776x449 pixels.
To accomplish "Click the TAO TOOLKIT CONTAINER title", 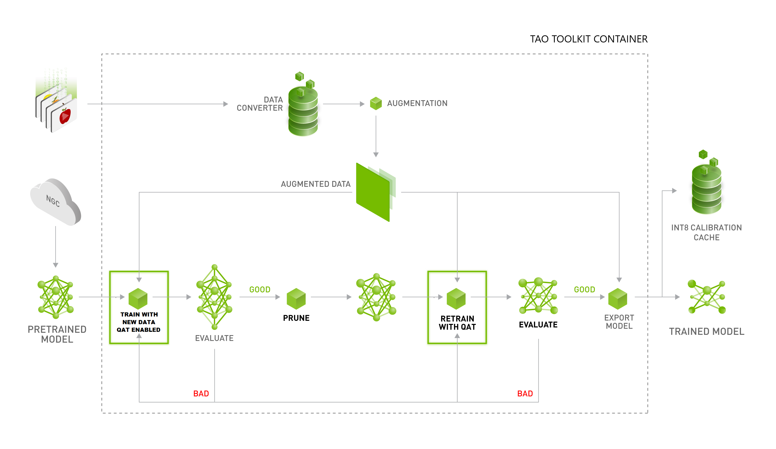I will click(588, 39).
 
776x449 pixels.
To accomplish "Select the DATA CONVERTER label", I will click(260, 104).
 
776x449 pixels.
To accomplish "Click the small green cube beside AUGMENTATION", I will click(376, 103).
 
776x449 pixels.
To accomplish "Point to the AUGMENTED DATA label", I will click(315, 184).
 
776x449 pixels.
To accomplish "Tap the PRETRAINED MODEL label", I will click(57, 334).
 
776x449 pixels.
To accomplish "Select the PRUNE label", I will click(296, 318).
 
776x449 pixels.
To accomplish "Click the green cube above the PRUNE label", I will click(296, 298).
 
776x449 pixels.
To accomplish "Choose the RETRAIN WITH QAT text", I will click(457, 323).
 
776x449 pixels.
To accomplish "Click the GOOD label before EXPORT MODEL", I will click(584, 289).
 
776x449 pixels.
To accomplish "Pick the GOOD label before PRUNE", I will click(260, 289).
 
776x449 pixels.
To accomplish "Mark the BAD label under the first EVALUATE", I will click(201, 394).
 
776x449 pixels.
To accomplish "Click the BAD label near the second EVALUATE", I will click(525, 394).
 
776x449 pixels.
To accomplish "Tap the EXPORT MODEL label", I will click(619, 322).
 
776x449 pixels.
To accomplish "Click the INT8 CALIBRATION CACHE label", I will click(706, 232).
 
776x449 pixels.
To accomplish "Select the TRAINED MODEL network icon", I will click(707, 297).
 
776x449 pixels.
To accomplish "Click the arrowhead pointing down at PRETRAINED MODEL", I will click(56, 265).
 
